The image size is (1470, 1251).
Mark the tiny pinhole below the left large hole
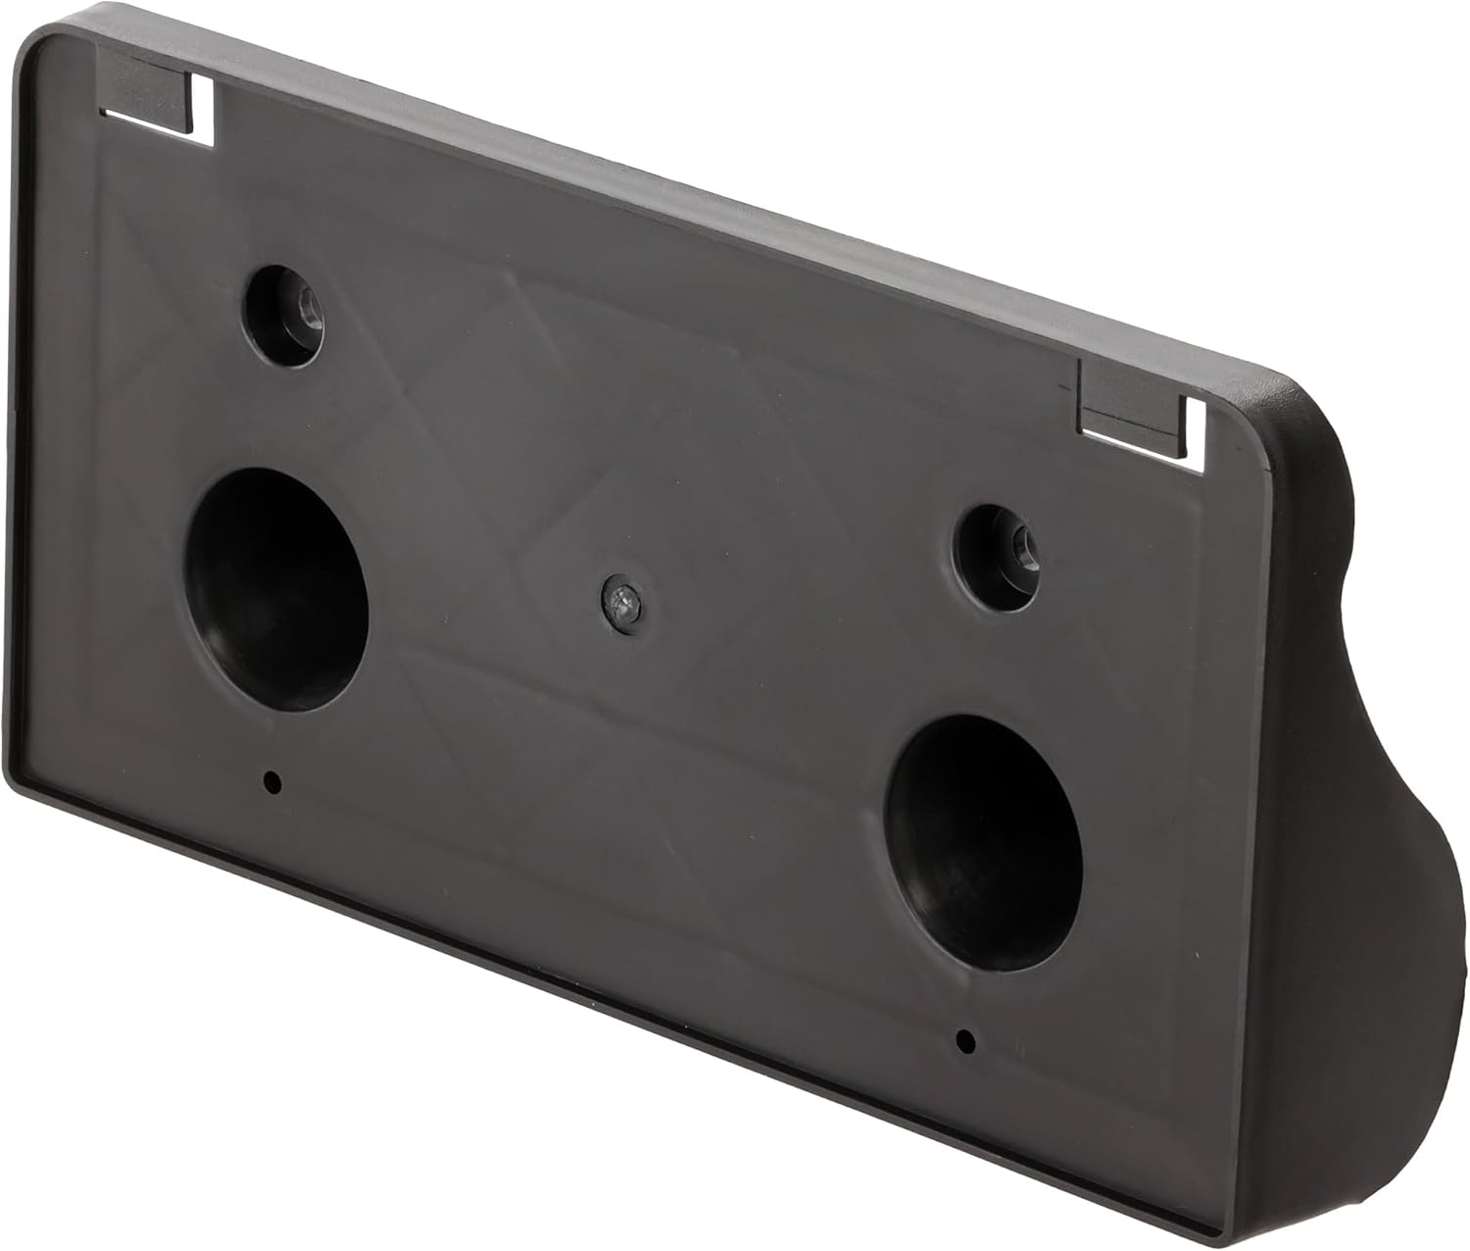click(x=272, y=781)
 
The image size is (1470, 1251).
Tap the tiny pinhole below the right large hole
click(x=965, y=1040)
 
